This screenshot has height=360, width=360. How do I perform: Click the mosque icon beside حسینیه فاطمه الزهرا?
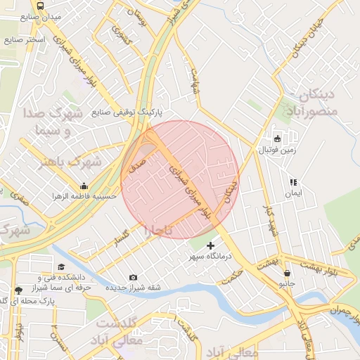[x=84, y=186]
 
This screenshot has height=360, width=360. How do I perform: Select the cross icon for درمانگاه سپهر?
[x=210, y=245]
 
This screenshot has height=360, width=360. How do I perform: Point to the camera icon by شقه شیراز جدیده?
[x=134, y=277]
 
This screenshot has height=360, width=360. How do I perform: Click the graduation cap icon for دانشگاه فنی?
[x=61, y=267]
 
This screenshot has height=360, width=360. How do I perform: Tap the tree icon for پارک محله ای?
[x=18, y=290]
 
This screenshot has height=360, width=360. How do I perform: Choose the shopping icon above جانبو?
[x=285, y=274]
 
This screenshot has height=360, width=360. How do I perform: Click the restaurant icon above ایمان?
[x=292, y=181]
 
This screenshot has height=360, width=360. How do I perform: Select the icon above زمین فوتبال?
[x=277, y=139]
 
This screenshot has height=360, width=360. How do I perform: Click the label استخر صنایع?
[x=25, y=39]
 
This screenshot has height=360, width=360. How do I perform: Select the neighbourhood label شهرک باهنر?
[x=71, y=162]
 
